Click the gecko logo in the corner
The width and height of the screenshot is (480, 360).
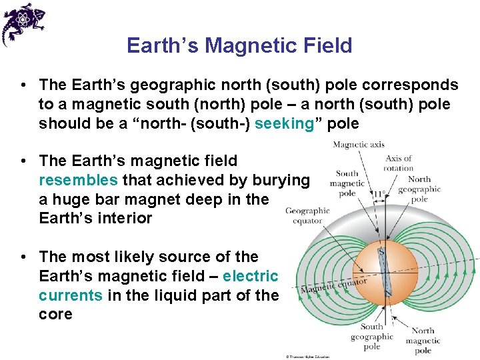click(23, 24)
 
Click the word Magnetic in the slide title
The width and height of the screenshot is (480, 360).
click(243, 45)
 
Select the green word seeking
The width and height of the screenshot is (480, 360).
click(284, 124)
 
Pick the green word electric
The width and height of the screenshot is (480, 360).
click(251, 276)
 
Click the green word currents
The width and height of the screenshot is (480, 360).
click(71, 295)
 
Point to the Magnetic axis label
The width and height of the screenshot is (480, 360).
click(358, 145)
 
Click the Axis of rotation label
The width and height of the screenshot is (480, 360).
click(399, 163)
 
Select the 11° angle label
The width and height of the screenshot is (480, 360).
click(379, 194)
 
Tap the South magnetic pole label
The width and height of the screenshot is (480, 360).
click(347, 183)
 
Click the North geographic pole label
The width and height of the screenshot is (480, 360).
click(419, 189)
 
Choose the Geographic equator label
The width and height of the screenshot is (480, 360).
click(307, 215)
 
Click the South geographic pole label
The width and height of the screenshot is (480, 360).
click(371, 336)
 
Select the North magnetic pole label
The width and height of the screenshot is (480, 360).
click(423, 341)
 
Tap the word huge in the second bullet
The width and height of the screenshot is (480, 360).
click(70, 199)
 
